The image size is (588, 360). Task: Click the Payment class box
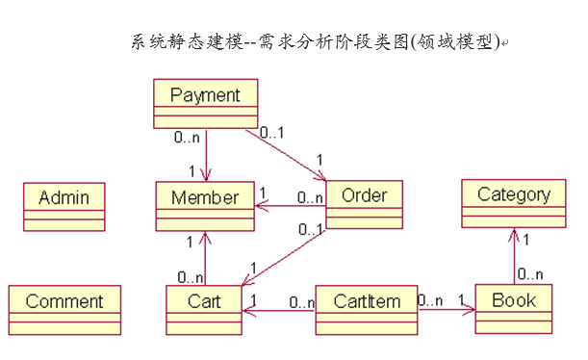pos(205,104)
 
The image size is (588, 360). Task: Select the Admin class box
pos(64,207)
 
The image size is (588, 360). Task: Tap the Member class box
pos(204,206)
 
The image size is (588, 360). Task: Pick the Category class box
pos(514,203)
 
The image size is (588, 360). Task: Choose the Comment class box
pos(64,310)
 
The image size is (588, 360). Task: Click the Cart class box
pos(203,310)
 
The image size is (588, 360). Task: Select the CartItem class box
pos(367,310)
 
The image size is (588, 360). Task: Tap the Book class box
pos(514,309)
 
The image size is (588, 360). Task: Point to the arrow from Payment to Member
pos(205,154)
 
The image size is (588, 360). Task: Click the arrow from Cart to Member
pos(204,258)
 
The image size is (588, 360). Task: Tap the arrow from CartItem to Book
pos(447,310)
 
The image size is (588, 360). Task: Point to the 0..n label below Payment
pos(188,138)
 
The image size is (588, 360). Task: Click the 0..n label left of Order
pos(309,197)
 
